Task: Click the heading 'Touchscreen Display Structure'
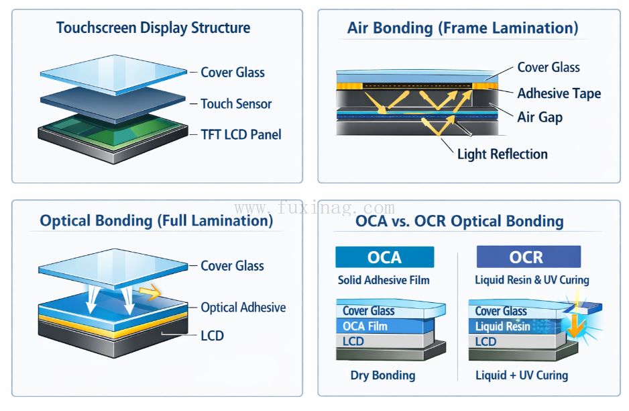tap(153, 28)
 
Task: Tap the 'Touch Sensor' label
tap(236, 104)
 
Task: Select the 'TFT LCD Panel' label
tap(241, 134)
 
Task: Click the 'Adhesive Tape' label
tap(559, 93)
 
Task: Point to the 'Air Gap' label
tap(540, 117)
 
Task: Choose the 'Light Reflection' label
tap(502, 154)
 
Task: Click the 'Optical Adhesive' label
tap(243, 308)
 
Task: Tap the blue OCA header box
tap(384, 257)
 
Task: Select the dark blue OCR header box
tap(528, 257)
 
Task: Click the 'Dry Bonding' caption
tap(383, 375)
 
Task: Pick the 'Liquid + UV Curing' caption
tap(522, 375)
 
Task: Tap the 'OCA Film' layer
tap(365, 326)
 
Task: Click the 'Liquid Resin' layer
tap(503, 326)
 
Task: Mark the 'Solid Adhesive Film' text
tap(384, 280)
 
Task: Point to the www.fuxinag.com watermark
tap(314, 208)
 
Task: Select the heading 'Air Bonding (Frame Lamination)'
tap(463, 28)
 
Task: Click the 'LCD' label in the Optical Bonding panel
tap(212, 336)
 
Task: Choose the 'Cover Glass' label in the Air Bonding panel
tap(549, 67)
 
